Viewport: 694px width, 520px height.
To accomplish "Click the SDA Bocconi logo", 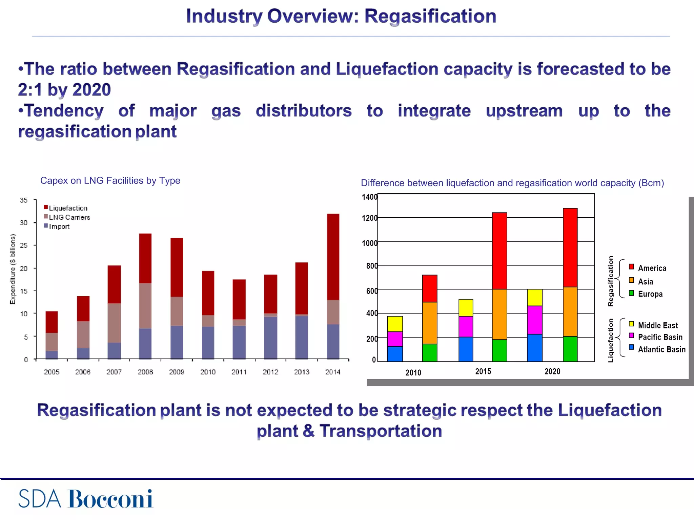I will coord(85,499).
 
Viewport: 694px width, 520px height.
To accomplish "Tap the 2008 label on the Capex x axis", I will coord(145,372).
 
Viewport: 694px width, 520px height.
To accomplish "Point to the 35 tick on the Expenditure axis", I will coord(23,200).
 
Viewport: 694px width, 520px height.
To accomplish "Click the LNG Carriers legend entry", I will coord(69,217).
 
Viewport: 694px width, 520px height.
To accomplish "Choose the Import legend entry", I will coord(59,226).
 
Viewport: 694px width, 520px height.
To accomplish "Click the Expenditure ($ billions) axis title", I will coord(13,269).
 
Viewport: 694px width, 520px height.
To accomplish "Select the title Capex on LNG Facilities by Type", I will coord(110,180).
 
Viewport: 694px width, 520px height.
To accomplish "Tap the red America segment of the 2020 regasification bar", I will coord(570,247).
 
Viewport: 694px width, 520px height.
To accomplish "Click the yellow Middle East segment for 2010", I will coord(395,324).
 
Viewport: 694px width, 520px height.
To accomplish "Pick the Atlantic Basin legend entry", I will coord(661,349).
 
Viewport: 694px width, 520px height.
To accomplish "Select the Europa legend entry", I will coord(650,294).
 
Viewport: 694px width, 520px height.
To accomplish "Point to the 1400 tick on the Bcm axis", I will coord(369,197).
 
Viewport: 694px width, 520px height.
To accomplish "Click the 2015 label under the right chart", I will coord(483,371).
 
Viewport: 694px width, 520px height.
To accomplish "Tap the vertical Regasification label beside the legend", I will coord(611,281).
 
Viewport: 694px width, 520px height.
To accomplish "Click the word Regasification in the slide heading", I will coord(430,16).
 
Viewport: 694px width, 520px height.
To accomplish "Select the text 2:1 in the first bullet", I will coord(30,90).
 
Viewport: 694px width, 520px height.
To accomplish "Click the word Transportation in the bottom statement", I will coord(381,431).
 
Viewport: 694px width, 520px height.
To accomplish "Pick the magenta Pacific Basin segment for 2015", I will coord(466,326).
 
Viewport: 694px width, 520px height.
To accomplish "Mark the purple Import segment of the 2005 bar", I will coord(52,354).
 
